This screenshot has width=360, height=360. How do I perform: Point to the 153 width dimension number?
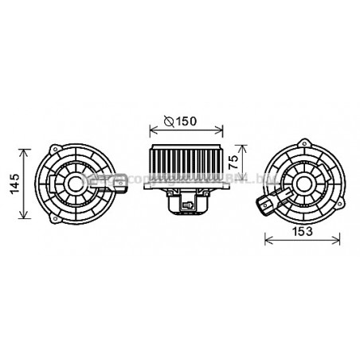tap(300, 232)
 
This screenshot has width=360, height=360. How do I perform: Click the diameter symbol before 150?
tap(167, 122)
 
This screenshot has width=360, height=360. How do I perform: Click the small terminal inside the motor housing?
tap(189, 207)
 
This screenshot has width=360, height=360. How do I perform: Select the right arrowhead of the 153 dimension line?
tap(341, 240)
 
